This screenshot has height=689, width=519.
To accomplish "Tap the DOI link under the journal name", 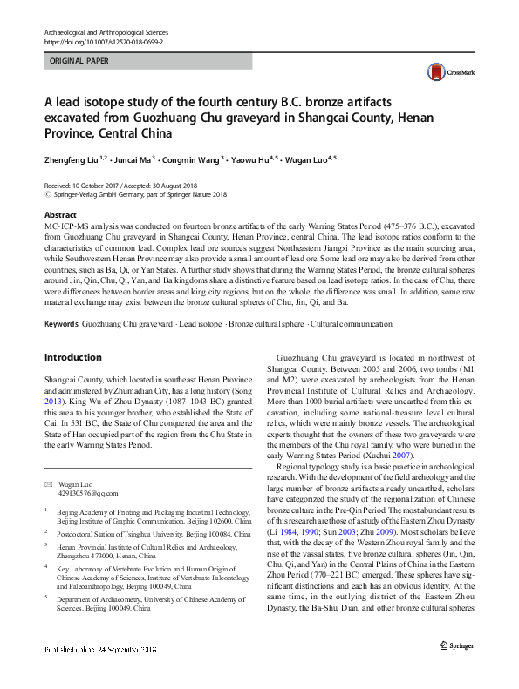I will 103,41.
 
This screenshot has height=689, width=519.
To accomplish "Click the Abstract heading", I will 60,214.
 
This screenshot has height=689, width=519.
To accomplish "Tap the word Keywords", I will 62,324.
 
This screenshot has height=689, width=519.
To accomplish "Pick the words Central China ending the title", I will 126,134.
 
